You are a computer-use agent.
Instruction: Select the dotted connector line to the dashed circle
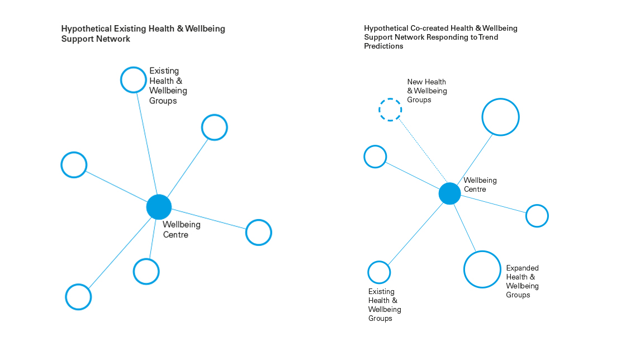click(423, 150)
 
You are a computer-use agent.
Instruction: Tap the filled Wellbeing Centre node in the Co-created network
click(449, 193)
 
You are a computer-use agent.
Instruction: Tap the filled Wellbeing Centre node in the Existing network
click(159, 207)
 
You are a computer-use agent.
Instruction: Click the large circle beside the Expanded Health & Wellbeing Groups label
click(464, 269)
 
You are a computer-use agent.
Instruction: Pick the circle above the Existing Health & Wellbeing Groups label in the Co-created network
click(368, 272)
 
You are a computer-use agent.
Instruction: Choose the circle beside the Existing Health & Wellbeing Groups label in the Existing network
click(121, 80)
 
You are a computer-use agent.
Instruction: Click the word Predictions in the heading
click(383, 46)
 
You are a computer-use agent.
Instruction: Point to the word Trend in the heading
click(488, 37)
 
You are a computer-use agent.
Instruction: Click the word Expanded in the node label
click(523, 268)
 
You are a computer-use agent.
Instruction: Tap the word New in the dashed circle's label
click(415, 82)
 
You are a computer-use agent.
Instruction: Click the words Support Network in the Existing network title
click(96, 39)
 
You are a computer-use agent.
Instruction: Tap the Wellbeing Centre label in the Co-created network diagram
click(480, 184)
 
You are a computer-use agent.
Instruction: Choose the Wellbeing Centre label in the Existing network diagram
click(182, 230)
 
